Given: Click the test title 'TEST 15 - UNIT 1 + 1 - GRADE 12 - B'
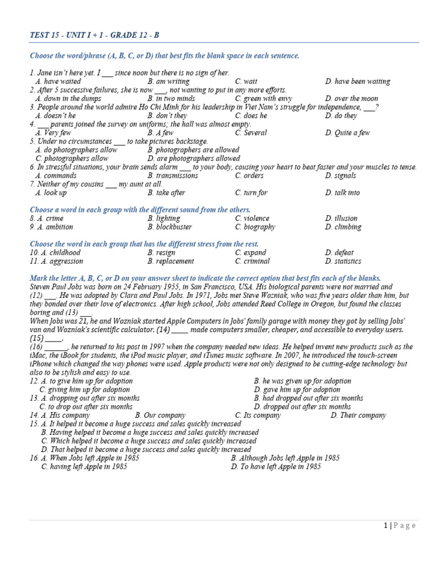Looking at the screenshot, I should coord(94,35).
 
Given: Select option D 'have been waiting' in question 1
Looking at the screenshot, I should coord(357,82).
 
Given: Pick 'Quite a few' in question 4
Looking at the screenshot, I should coord(351,133).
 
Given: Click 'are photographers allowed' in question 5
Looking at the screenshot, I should coord(193,158).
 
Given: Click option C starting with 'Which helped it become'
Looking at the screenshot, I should coord(149,441).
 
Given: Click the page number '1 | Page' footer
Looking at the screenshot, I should coord(399,526).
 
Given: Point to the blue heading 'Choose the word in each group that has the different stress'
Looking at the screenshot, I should coord(144,244).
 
